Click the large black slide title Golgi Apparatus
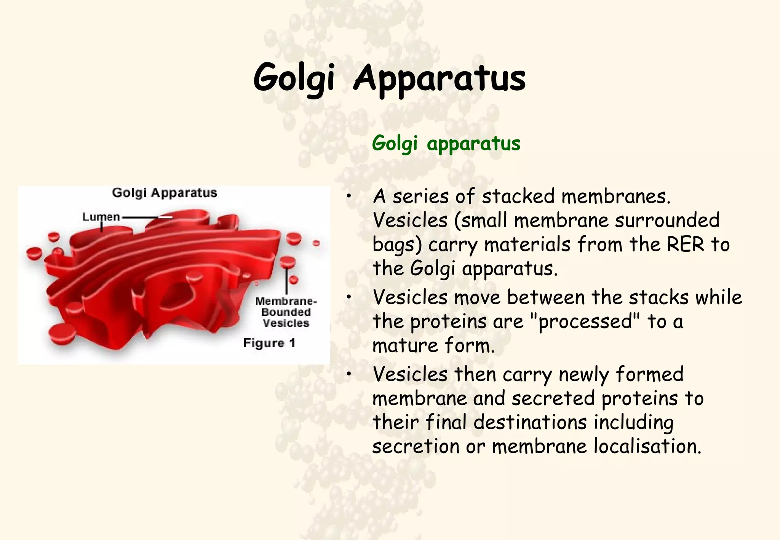tap(389, 78)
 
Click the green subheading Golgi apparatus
tap(446, 144)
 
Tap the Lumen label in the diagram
tap(101, 217)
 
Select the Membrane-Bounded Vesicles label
tap(286, 312)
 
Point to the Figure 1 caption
tap(269, 343)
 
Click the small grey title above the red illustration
tap(165, 193)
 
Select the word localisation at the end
tap(647, 446)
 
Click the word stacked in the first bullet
tap(518, 197)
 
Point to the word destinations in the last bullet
tap(530, 423)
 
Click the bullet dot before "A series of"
tap(348, 197)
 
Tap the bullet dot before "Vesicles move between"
tap(348, 298)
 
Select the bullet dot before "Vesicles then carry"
tap(348, 375)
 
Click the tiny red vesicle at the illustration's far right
tap(316, 243)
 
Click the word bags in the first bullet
tap(396, 245)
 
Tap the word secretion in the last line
tap(416, 446)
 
